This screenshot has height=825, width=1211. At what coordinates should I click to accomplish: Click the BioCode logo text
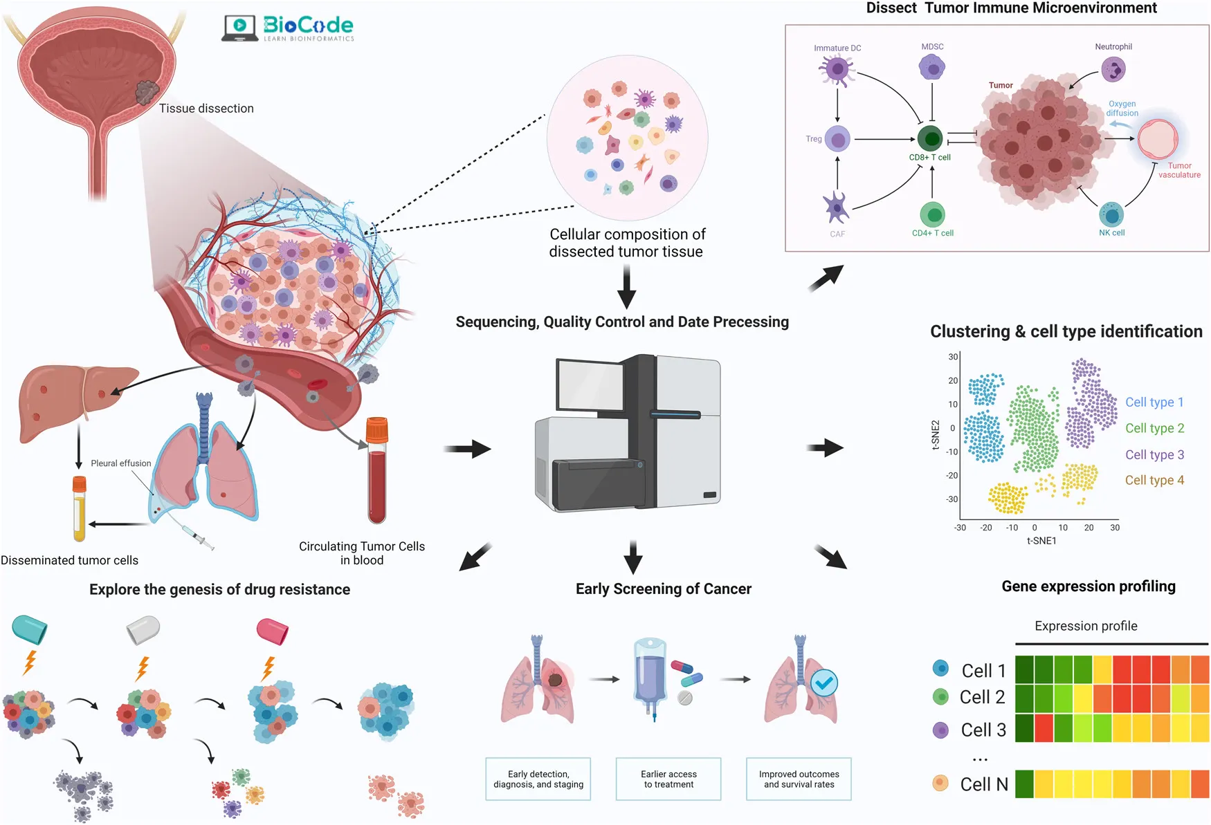(308, 26)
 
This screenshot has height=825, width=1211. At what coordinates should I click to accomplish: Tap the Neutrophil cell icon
(1113, 69)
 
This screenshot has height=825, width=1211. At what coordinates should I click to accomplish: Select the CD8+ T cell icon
(931, 138)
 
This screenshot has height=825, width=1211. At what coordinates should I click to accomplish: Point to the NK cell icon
(1111, 215)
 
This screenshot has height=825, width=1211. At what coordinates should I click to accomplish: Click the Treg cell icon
(837, 140)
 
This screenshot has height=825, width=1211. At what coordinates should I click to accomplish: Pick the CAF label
(837, 234)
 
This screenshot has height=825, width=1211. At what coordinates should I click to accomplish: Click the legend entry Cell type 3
(1154, 455)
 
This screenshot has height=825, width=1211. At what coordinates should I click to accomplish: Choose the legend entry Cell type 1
(1154, 402)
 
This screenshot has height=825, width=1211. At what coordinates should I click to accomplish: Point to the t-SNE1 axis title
(1041, 541)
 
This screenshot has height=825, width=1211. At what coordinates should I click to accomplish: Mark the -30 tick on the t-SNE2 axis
(953, 499)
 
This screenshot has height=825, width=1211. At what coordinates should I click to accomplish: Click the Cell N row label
(983, 784)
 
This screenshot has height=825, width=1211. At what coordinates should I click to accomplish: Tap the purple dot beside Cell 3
(940, 730)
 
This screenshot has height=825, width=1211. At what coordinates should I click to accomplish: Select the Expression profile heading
(1086, 626)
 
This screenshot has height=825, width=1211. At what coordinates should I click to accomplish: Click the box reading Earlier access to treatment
(668, 779)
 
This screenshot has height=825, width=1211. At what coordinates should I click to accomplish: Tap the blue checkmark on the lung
(823, 683)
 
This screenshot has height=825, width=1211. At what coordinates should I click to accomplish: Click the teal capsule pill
(30, 629)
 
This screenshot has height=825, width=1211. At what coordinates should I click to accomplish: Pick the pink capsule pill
(272, 631)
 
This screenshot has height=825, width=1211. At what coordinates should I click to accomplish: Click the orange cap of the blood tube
(377, 430)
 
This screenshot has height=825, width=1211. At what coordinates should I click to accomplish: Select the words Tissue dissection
(206, 109)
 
